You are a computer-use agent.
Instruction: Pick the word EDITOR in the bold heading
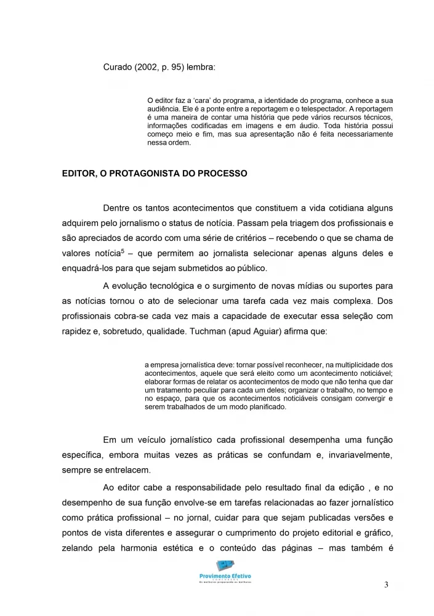pyautogui.click(x=78, y=174)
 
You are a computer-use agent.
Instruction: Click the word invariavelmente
pyautogui.click(x=358, y=455)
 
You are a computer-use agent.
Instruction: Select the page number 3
pyautogui.click(x=386, y=585)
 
